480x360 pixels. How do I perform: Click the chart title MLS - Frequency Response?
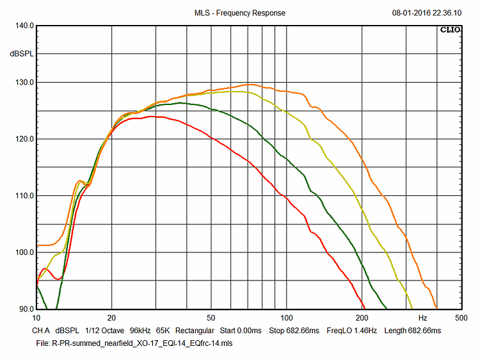[239, 13]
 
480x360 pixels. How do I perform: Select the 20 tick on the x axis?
[112, 318]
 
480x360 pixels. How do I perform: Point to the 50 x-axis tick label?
[211, 318]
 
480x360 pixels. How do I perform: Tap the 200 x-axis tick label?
[362, 318]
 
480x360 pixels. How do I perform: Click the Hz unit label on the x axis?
[422, 318]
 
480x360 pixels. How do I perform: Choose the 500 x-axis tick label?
[460, 318]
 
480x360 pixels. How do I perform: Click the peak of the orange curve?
[251, 84]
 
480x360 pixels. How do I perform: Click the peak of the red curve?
[155, 117]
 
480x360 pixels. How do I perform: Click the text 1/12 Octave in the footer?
[104, 331]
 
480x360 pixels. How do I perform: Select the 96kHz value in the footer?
[141, 331]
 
